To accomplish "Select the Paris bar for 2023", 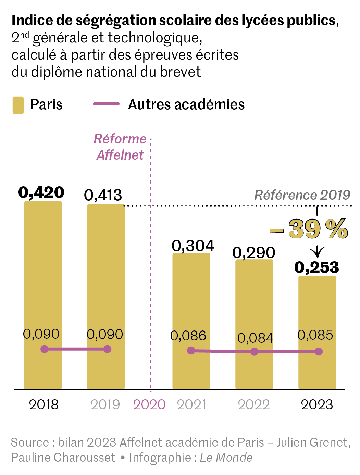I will [x=317, y=308].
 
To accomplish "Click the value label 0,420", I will [x=41, y=192].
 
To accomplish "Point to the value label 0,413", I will [x=103, y=195].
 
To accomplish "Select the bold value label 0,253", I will [x=317, y=267].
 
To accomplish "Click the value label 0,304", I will [x=193, y=246].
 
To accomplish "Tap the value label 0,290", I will [x=254, y=253].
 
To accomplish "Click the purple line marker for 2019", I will [x=107, y=349].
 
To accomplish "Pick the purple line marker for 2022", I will [x=254, y=352].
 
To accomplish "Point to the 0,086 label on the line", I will [x=188, y=336].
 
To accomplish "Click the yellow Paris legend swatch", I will [x=18, y=105].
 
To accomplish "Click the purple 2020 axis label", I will [x=149, y=405].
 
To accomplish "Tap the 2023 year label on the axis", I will [x=317, y=405].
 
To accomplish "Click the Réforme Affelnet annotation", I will [x=120, y=147].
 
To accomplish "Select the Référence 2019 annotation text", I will [x=302, y=195].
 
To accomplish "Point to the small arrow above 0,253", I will [x=317, y=252].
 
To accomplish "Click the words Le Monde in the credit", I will [x=226, y=458].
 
